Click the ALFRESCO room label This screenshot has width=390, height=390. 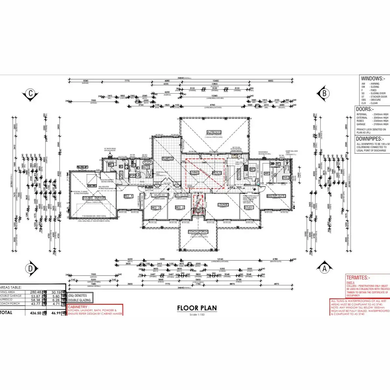(214, 132)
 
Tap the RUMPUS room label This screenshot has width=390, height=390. (167, 159)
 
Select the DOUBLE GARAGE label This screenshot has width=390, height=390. (94, 198)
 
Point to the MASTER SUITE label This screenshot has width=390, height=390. (276, 196)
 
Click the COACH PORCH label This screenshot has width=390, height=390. (198, 232)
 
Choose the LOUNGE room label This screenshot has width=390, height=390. (223, 205)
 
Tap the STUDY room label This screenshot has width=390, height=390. (249, 207)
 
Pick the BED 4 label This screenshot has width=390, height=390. (128, 196)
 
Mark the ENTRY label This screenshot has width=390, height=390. (198, 211)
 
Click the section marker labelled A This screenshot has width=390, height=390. (324, 268)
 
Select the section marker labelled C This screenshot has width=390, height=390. (31, 94)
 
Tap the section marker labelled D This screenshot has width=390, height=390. (31, 268)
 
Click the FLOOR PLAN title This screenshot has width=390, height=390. (197, 308)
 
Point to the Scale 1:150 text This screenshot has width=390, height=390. (197, 315)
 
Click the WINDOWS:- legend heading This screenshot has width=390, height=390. (373, 78)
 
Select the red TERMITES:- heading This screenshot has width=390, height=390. (358, 278)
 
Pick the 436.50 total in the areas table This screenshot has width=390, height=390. (36, 313)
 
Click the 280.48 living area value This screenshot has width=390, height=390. (36, 292)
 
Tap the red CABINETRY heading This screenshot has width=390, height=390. (78, 307)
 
